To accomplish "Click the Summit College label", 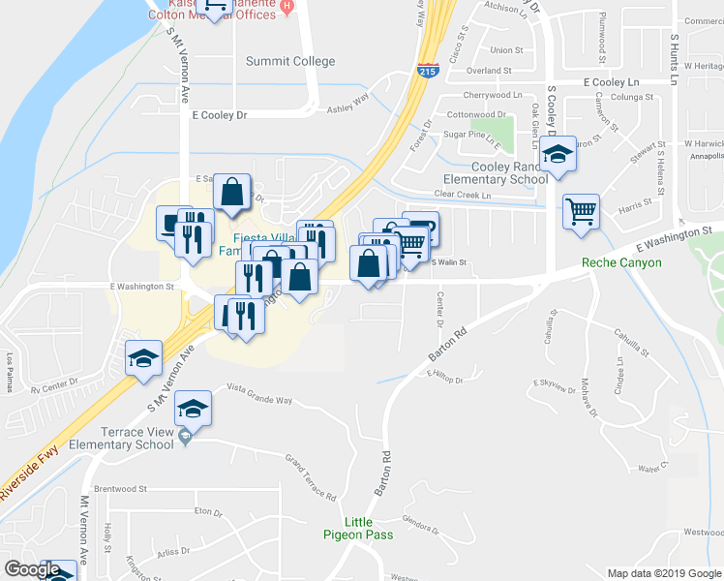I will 290,61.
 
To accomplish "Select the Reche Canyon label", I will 621,262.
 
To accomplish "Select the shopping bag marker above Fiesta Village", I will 232,193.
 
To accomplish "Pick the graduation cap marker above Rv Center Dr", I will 143,360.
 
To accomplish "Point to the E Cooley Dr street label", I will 220,114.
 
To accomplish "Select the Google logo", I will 32,569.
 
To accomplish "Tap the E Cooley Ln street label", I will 613,83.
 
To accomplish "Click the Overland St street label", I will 487,71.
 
